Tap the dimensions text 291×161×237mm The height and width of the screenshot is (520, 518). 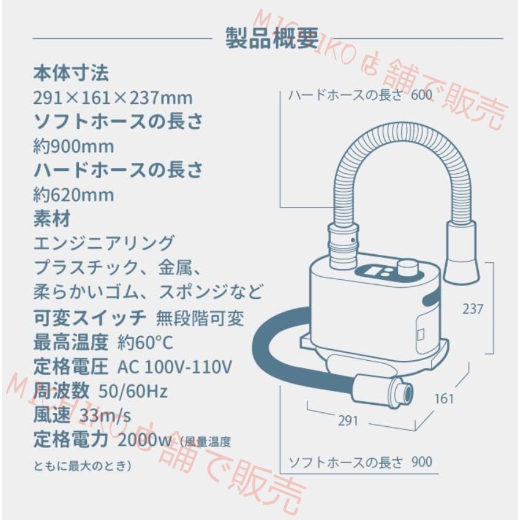112,97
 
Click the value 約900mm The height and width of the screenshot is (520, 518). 73,146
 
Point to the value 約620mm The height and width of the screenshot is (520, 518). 73,195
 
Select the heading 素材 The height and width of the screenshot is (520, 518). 51,218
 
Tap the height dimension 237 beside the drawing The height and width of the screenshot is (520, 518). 472,309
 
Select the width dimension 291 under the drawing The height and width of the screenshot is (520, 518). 346,421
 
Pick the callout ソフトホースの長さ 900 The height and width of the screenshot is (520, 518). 360,461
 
